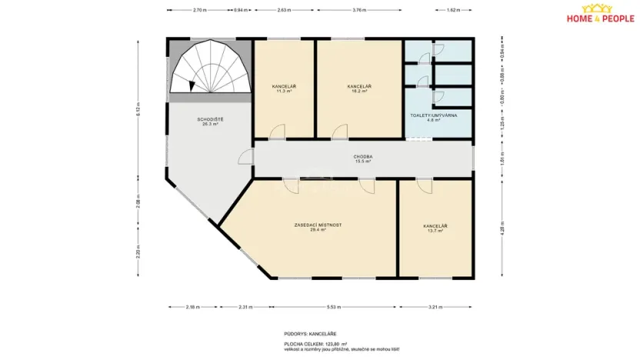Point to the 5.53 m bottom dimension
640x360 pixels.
(333, 307)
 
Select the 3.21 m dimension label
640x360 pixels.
(435, 307)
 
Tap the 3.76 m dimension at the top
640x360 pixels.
(358, 11)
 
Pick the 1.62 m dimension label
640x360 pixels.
(453, 11)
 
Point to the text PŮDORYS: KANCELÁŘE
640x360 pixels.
(305, 333)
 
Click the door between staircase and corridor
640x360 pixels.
(246, 157)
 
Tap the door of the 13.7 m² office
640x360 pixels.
(423, 185)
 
